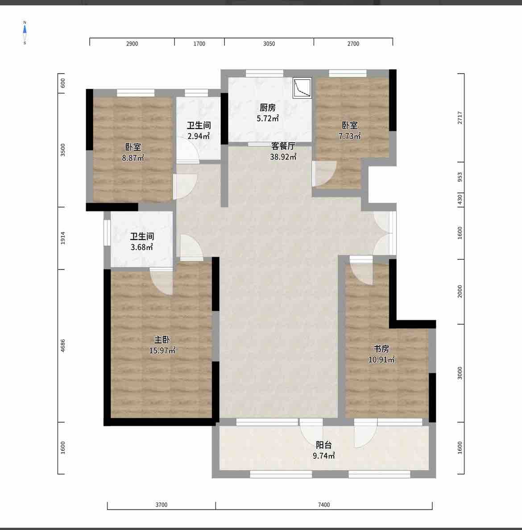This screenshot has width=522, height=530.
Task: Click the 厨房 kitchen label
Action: coord(267,108)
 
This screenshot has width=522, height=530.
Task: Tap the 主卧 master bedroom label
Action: coord(162,340)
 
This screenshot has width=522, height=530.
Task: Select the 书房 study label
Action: coord(381,348)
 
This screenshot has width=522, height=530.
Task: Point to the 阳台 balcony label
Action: coord(323,445)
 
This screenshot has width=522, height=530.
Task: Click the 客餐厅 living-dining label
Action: coord(283,146)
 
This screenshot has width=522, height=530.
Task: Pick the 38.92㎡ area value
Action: coord(283,157)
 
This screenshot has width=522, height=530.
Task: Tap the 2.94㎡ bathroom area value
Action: coord(199,136)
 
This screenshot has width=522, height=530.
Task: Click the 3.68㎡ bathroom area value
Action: coord(142,247)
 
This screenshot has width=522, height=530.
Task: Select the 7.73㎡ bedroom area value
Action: coord(349,136)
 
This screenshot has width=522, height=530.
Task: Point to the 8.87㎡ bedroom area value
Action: coord(133,158)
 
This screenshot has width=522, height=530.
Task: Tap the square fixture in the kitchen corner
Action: coord(302,88)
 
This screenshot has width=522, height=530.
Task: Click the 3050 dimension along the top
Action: coord(269,44)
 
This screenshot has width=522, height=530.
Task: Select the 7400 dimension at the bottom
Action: coord(324,505)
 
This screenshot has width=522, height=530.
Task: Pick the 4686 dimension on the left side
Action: coord(63,346)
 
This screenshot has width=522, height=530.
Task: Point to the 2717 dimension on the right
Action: coord(460,117)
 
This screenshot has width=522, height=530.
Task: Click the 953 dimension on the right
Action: coord(460,177)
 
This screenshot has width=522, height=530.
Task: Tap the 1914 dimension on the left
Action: coord(63,238)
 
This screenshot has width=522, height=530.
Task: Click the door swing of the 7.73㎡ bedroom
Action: coord(324,174)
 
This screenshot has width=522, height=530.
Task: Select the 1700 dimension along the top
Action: coord(199,44)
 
